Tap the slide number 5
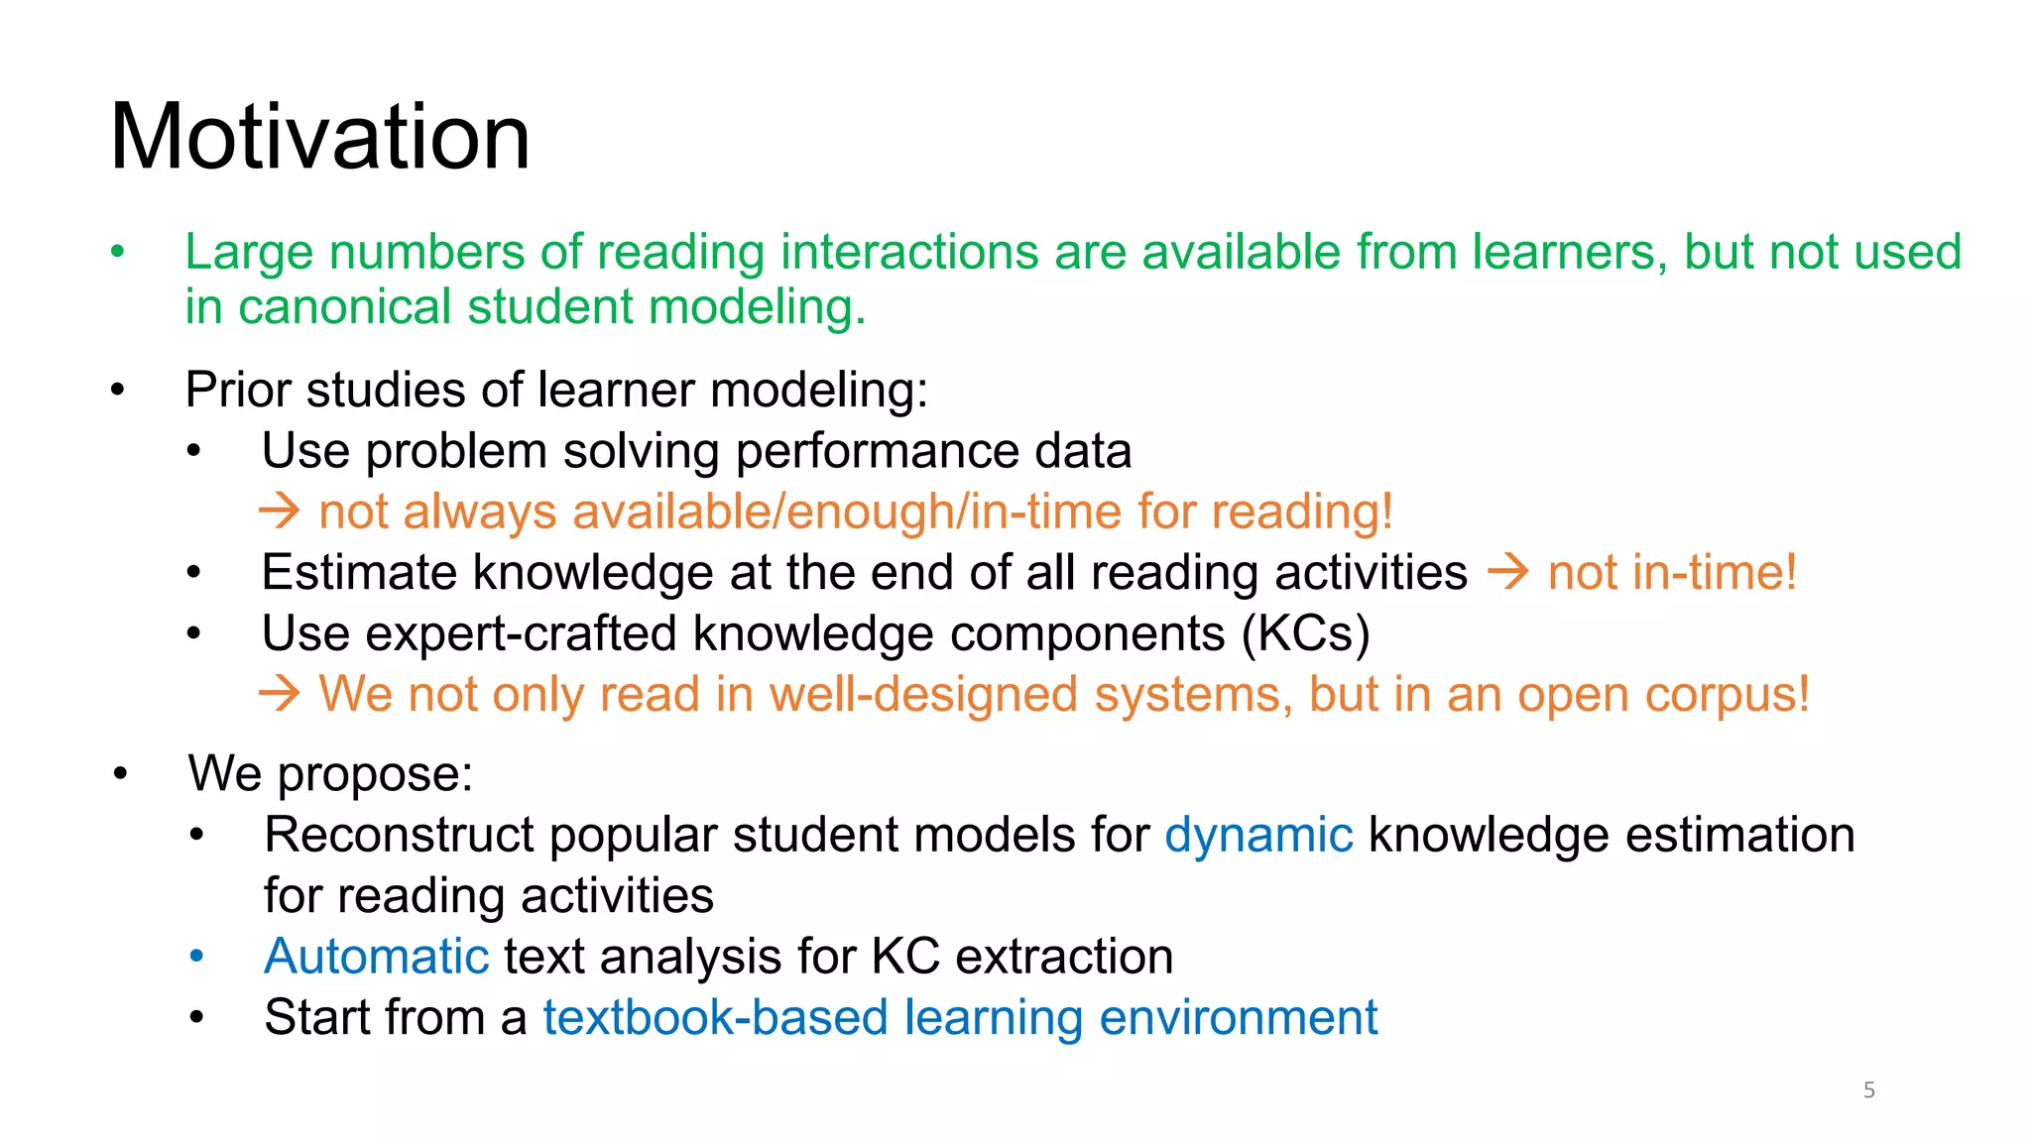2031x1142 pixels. pyautogui.click(x=1868, y=1090)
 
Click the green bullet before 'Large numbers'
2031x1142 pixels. pyautogui.click(x=118, y=252)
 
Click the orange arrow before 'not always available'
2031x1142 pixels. pyautogui.click(x=279, y=512)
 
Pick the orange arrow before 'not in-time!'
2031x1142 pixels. pyautogui.click(x=1507, y=572)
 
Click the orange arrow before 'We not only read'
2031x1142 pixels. pyautogui.click(x=279, y=694)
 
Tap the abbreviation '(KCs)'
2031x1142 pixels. pyautogui.click(x=1305, y=633)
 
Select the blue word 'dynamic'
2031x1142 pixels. pyautogui.click(x=1257, y=835)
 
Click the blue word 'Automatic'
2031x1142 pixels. pyautogui.click(x=376, y=957)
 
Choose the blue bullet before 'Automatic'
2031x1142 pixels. pyautogui.click(x=196, y=957)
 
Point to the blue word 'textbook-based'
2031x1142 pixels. pyautogui.click(x=714, y=1017)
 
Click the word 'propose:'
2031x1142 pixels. pyautogui.click(x=374, y=775)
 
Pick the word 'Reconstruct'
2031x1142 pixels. pyautogui.click(x=400, y=835)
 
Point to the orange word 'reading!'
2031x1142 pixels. pyautogui.click(x=1302, y=513)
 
